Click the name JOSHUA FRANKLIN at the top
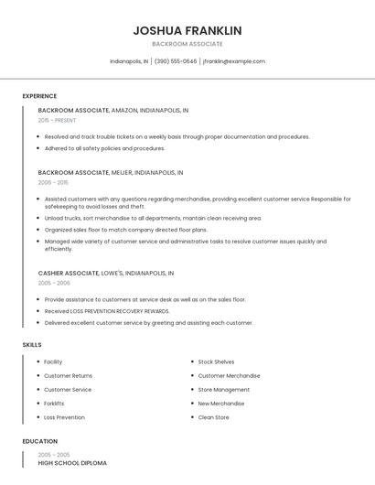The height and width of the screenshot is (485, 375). pyautogui.click(x=187, y=30)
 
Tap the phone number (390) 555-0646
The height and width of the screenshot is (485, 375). pyautogui.click(x=176, y=61)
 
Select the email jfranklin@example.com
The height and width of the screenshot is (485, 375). pyautogui.click(x=234, y=61)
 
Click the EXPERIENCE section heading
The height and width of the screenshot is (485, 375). pyautogui.click(x=39, y=96)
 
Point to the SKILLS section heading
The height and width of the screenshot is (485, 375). pyautogui.click(x=32, y=344)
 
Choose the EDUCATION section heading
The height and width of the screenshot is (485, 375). pyautogui.click(x=39, y=441)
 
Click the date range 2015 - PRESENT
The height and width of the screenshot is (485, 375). pyautogui.click(x=57, y=120)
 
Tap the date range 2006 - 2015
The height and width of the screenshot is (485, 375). pyautogui.click(x=52, y=182)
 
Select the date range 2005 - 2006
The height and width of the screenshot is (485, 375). pyautogui.click(x=54, y=283)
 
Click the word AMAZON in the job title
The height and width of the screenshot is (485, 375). pyautogui.click(x=123, y=110)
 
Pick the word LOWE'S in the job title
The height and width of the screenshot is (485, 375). pyautogui.click(x=112, y=273)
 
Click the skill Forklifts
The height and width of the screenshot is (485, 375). pyautogui.click(x=54, y=404)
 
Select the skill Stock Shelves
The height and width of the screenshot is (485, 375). pyautogui.click(x=216, y=362)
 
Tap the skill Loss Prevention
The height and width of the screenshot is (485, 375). pyautogui.click(x=64, y=417)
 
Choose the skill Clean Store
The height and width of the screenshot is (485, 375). pyautogui.click(x=214, y=417)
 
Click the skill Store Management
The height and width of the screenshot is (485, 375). pyautogui.click(x=223, y=390)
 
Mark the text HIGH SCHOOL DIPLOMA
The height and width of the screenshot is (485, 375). pyautogui.click(x=72, y=463)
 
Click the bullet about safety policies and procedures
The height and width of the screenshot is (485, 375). pyautogui.click(x=104, y=148)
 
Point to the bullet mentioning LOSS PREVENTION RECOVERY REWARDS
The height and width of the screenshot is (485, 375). pyautogui.click(x=107, y=311)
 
